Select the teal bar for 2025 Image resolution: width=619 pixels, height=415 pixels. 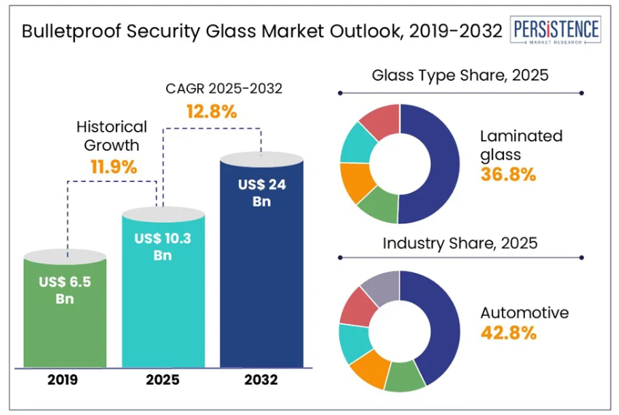pyautogui.click(x=163, y=306)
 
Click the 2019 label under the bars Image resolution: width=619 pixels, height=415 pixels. pyautogui.click(x=64, y=379)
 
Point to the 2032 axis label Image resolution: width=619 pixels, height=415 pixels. pyautogui.click(x=261, y=379)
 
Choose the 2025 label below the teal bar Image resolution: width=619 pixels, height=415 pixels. pyautogui.click(x=162, y=379)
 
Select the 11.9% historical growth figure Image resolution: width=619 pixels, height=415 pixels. pyautogui.click(x=113, y=167)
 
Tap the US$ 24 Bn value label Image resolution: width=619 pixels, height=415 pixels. pyautogui.click(x=261, y=193)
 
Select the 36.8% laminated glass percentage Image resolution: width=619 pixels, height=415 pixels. pyautogui.click(x=508, y=174)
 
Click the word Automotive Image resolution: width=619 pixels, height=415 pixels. pyautogui.click(x=524, y=313)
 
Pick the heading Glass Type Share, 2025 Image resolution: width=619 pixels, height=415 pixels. pyautogui.click(x=460, y=75)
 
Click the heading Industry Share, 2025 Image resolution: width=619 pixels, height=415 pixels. pyautogui.click(x=460, y=243)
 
